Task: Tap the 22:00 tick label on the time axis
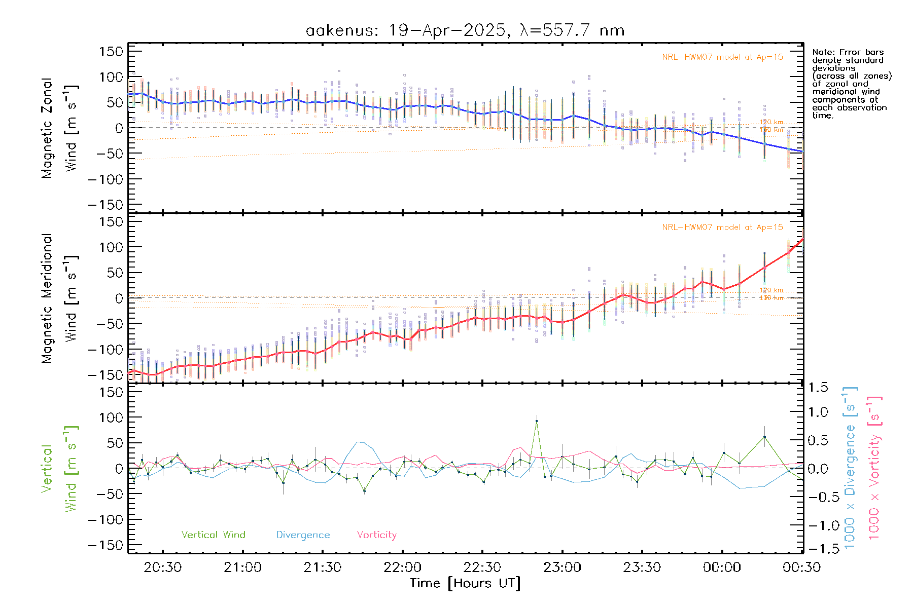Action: pos(402,567)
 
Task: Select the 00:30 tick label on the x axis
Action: pos(801,567)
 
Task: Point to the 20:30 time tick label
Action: pos(162,567)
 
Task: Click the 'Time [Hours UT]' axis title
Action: pos(465,583)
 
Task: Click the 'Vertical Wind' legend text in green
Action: pos(213,535)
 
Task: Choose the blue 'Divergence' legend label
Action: pos(303,535)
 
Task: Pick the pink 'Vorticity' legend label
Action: pos(376,535)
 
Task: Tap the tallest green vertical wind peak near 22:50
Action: pos(537,421)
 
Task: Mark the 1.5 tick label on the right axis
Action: pos(818,388)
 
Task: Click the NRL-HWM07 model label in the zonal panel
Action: pos(722,57)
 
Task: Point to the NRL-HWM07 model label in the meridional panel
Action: pos(722,227)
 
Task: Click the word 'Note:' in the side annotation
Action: pos(823,52)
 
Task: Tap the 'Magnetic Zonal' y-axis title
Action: pos(47,128)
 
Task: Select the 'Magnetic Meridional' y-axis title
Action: pos(47,298)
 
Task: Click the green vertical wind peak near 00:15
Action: pos(764,437)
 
